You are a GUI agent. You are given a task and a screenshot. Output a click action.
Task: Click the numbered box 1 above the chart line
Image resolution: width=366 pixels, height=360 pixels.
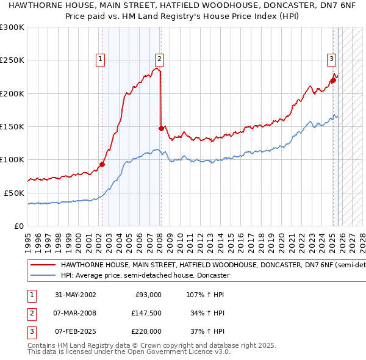coord(100,59)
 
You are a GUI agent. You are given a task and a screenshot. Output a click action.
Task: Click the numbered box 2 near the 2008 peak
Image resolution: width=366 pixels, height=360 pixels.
coord(159,59)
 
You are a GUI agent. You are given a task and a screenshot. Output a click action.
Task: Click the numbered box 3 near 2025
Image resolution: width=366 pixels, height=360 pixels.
coord(331,59)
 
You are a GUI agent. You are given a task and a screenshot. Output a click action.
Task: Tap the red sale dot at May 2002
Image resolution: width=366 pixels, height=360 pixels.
coord(102,164)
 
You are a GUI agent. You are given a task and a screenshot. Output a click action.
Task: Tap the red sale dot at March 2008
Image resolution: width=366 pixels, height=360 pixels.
coord(161,128)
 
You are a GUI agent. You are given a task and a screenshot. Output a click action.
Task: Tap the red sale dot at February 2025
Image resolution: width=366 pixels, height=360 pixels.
coord(333,80)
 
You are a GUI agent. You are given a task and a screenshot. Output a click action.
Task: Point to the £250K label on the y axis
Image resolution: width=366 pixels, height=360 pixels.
coord(13,60)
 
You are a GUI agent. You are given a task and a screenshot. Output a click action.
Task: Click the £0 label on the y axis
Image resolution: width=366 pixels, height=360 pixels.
coord(19,226)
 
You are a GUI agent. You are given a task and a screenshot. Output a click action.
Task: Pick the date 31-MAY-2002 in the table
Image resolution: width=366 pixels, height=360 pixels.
coord(75,295)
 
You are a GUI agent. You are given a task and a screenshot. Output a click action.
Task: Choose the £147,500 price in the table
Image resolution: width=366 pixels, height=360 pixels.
coord(146,313)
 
